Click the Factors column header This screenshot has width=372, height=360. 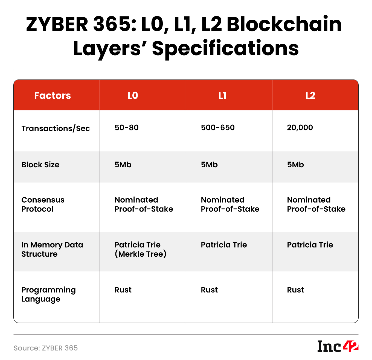(x=53, y=95)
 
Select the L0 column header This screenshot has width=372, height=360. (x=133, y=95)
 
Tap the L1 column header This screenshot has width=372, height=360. (x=222, y=95)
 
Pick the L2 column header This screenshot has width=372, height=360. (x=310, y=95)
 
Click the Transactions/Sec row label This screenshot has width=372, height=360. (x=56, y=128)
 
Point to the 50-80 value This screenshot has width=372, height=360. (x=126, y=127)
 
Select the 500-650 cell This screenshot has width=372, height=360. (x=218, y=127)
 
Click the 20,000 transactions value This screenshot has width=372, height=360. (x=300, y=127)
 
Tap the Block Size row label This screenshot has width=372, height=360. (x=40, y=165)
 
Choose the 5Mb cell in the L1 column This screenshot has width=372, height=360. (x=209, y=165)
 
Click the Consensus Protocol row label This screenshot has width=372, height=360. (x=43, y=204)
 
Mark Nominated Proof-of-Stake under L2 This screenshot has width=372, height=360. (x=316, y=204)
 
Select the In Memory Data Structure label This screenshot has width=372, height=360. (x=52, y=249)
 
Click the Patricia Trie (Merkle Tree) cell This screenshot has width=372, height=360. (x=140, y=249)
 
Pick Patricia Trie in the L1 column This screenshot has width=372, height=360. (x=224, y=245)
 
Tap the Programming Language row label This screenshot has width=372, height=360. (x=48, y=294)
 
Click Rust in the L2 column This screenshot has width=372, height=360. (x=295, y=290)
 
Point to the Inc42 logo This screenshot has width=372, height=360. (x=338, y=346)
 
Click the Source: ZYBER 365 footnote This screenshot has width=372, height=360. (x=46, y=348)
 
